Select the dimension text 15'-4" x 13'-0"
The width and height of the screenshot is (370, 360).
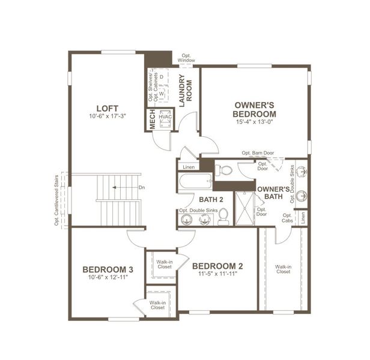click(255, 122)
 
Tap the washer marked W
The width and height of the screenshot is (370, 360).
click(162, 94)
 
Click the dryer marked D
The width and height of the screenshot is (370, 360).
click(162, 77)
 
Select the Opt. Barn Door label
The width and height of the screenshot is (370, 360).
click(257, 153)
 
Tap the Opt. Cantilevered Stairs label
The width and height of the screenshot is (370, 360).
click(56, 201)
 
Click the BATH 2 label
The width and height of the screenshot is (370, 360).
click(211, 199)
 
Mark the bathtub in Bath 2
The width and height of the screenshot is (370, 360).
click(193, 181)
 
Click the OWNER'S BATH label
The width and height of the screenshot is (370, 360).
click(274, 192)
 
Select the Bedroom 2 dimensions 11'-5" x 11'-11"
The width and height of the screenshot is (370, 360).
click(218, 274)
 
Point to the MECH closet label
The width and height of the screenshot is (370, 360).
click(153, 118)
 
